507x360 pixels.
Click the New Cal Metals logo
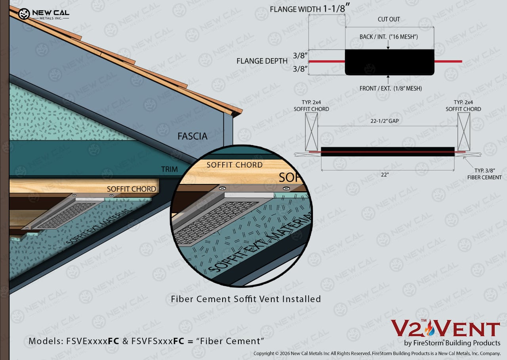coord(44,14)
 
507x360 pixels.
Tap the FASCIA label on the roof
coord(193,136)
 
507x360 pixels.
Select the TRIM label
coord(169,169)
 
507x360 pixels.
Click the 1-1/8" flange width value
coord(336,9)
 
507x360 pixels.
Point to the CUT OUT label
coord(389,19)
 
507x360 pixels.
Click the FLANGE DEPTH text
coord(262,61)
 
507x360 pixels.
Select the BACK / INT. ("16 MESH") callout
coord(389,37)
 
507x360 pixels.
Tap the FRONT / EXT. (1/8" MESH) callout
coord(391,88)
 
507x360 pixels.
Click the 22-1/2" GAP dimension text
coord(385,121)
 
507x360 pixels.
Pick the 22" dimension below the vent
coord(385,175)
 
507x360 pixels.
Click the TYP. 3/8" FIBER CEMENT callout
coord(484,174)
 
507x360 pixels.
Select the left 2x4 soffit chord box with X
coord(311,132)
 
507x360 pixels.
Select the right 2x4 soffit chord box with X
coord(464,132)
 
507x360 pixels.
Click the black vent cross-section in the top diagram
coord(389,62)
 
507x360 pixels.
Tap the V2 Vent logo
coord(446,333)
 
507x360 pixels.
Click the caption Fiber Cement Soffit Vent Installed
coord(246,299)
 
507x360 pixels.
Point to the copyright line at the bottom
coord(377,353)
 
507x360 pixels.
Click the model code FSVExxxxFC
coord(93,341)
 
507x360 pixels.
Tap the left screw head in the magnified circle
coord(223,188)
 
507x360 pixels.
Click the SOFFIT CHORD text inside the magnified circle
coord(234,165)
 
